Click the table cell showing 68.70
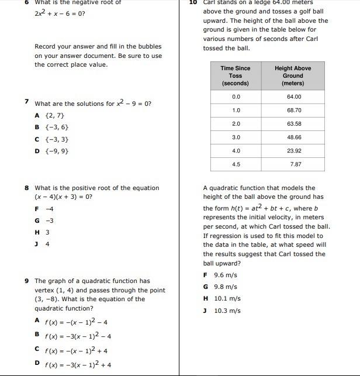pos(293,110)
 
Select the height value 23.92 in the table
pos(293,151)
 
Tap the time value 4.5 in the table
pos(236,164)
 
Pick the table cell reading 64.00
pos(293,96)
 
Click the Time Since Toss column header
pos(236,76)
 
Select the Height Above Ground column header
pos(293,76)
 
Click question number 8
pos(27,188)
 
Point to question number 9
pos(27,281)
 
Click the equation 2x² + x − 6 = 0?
pos(60,13)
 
